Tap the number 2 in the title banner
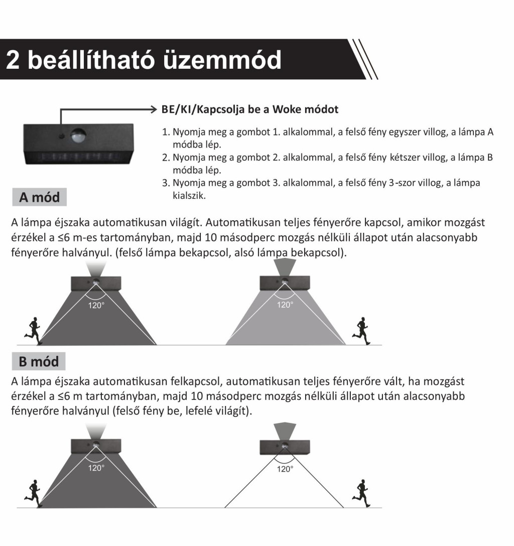(x=13, y=60)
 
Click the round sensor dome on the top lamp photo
(x=78, y=135)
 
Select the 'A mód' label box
(x=39, y=197)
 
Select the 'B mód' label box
(x=39, y=361)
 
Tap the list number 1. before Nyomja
(x=166, y=132)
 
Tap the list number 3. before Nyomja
(x=166, y=183)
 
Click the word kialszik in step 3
(x=189, y=195)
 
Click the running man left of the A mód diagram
(x=33, y=331)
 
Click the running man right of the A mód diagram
(x=362, y=331)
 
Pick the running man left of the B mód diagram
(x=33, y=493)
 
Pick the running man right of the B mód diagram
(x=362, y=493)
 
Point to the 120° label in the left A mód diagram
(x=96, y=306)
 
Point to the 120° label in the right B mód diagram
(x=285, y=469)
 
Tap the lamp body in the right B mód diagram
(x=285, y=447)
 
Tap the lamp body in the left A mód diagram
(x=96, y=284)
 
